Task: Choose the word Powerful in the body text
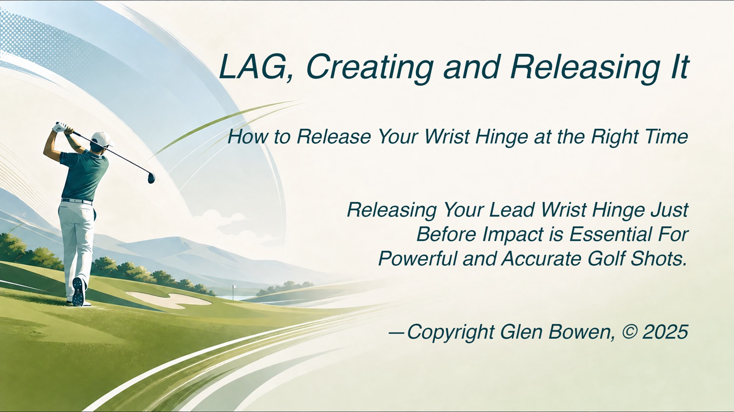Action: point(418,259)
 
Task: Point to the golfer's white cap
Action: point(102,139)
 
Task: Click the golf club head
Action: point(151,178)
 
